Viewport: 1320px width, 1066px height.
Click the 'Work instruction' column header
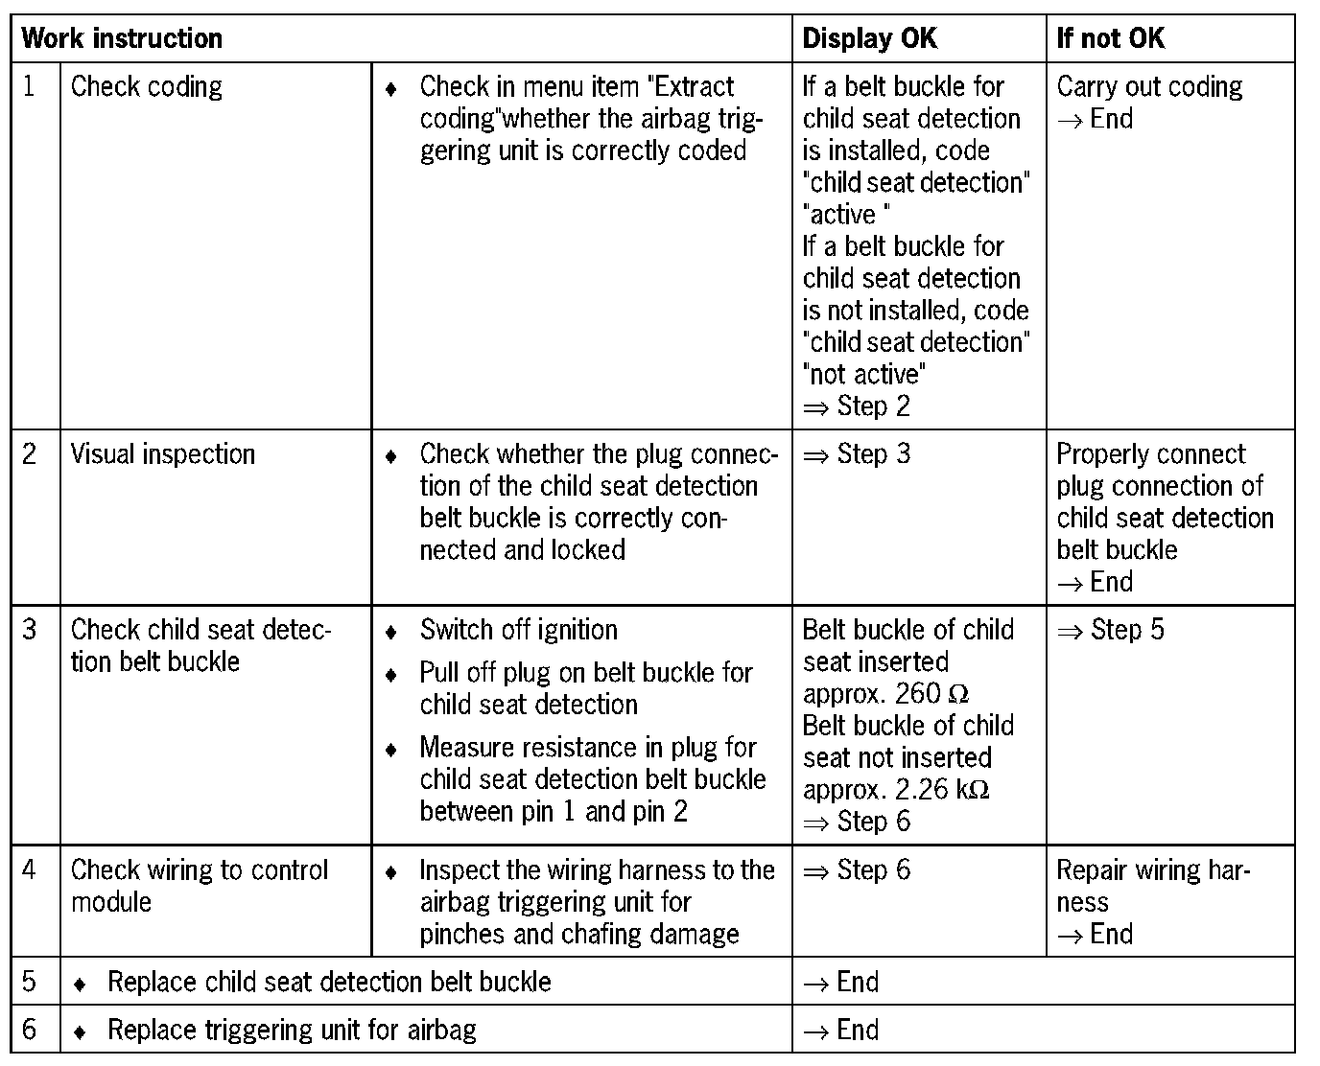click(x=122, y=38)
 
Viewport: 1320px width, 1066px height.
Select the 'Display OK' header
click(x=869, y=38)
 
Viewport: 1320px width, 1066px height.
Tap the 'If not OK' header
click(x=1110, y=38)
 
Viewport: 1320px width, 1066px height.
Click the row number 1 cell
click(x=30, y=86)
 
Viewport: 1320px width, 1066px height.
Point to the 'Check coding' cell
click(x=147, y=87)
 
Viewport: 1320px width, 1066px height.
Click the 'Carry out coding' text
click(x=1149, y=87)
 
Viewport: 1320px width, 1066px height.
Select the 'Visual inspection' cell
click(x=163, y=453)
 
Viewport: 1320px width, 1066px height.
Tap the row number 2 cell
click(x=30, y=453)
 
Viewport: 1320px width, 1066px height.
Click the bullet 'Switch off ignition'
click(x=518, y=630)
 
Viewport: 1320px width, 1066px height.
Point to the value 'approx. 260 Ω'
click(x=885, y=693)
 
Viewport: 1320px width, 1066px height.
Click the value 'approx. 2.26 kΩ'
click(x=896, y=789)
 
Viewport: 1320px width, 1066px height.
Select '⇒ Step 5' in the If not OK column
click(x=1110, y=630)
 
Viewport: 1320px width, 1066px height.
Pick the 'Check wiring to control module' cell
click(x=199, y=885)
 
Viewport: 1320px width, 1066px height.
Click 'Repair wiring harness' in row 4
click(x=1153, y=885)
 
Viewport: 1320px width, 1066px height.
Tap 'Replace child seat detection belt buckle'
click(x=329, y=982)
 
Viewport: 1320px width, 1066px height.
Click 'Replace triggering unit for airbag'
click(x=292, y=1030)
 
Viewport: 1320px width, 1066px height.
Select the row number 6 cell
click(x=30, y=1030)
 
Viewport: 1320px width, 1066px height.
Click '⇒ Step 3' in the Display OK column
click(x=856, y=453)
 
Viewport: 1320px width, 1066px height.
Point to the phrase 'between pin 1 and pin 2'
click(x=554, y=812)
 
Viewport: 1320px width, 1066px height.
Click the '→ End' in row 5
click(x=840, y=982)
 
